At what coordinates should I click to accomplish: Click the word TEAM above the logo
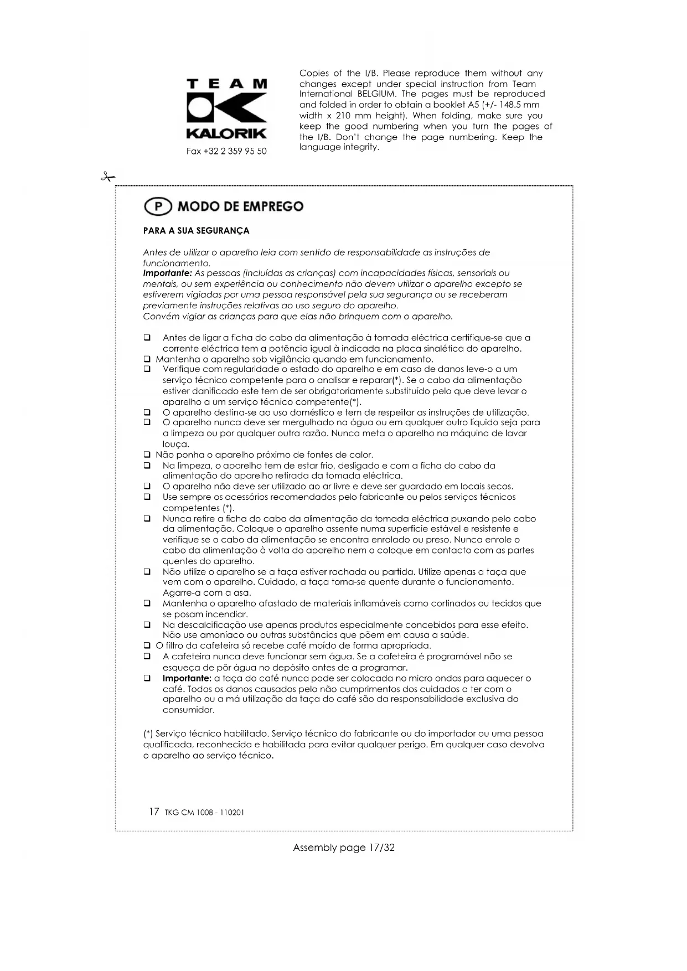(227, 84)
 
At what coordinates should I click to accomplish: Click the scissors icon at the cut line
(107, 177)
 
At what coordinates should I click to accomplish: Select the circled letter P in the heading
(158, 206)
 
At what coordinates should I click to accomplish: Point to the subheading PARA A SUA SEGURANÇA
(196, 231)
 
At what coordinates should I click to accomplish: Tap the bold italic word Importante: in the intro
(167, 273)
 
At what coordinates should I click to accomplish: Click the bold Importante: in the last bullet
(187, 679)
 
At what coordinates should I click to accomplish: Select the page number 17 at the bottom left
(154, 812)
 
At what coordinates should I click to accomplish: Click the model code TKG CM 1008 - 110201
(204, 813)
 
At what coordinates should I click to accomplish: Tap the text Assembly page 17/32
(343, 848)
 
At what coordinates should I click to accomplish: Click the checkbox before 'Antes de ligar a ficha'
(147, 338)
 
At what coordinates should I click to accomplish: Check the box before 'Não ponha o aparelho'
(147, 455)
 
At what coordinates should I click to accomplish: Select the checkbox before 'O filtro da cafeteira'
(147, 646)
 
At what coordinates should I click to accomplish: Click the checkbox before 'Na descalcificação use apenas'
(147, 625)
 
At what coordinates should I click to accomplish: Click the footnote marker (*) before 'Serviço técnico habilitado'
(148, 734)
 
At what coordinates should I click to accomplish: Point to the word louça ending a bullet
(176, 445)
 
